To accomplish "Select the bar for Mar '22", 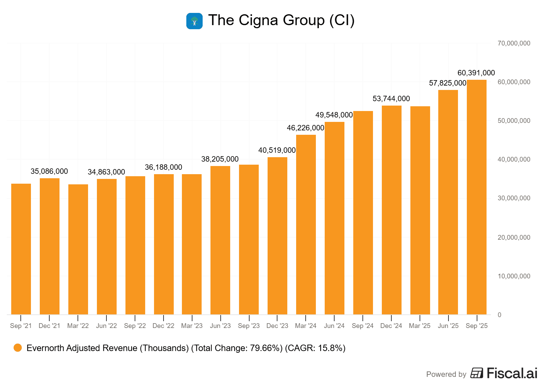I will (78, 249).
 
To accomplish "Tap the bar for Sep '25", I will (477, 197).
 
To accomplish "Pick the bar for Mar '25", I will (420, 210).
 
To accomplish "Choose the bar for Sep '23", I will (249, 239).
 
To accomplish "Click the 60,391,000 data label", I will (476, 73).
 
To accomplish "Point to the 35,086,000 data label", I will (49, 171).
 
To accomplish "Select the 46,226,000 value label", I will (305, 128).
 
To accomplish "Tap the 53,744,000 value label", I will (391, 99).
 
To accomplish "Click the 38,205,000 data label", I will (220, 159).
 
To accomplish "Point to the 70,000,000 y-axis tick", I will (514, 43).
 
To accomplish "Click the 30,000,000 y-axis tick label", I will (514, 198).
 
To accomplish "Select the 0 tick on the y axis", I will (499, 315).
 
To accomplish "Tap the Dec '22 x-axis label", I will (163, 326).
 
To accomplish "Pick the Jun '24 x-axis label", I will (334, 326).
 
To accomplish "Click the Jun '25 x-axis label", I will (448, 326).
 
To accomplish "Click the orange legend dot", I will (18, 348).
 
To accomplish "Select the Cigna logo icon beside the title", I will (194, 21).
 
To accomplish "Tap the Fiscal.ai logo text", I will (512, 373).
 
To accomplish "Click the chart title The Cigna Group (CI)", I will (281, 20).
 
